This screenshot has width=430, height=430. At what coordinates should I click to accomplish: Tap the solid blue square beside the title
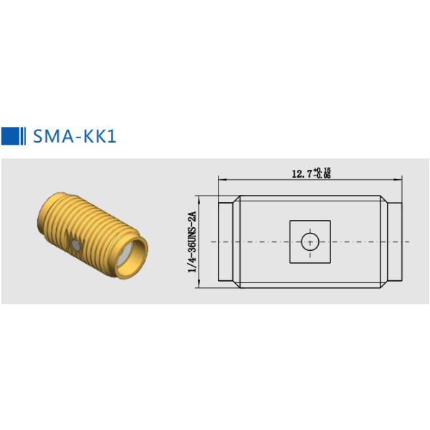pyautogui.click(x=10, y=136)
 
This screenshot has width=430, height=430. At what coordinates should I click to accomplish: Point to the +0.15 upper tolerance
pyautogui.click(x=322, y=171)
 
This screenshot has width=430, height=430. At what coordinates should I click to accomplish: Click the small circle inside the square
pyautogui.click(x=310, y=242)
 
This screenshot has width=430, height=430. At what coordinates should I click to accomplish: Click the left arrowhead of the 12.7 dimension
pyautogui.click(x=221, y=179)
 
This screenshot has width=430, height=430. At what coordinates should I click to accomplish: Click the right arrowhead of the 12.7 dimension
pyautogui.click(x=398, y=179)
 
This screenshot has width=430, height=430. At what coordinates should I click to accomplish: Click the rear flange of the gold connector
pyautogui.click(x=52, y=215)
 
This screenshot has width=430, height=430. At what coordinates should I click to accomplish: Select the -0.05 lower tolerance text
pyautogui.click(x=322, y=176)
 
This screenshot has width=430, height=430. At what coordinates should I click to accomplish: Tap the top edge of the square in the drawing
pyautogui.click(x=310, y=221)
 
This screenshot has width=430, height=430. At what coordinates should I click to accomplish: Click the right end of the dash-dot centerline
pyautogui.click(x=409, y=242)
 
